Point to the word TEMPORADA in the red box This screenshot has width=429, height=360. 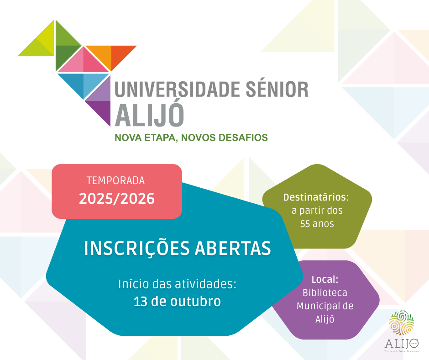pos(115,181)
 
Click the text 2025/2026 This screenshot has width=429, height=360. pos(117,199)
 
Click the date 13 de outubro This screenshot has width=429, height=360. pos(177,302)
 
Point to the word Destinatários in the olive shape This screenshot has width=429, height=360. pos(316,197)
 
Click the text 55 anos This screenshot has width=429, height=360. pos(317,224)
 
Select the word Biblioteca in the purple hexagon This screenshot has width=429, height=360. pos(324,292)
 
